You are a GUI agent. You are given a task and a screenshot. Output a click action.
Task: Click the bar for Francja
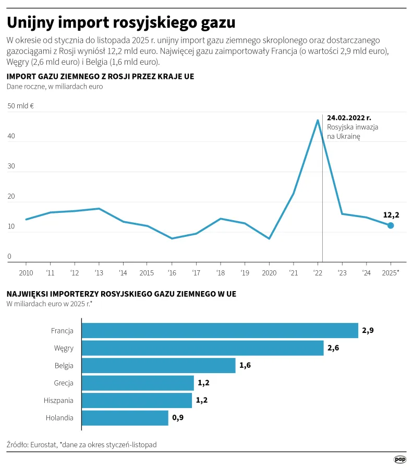click(220, 331)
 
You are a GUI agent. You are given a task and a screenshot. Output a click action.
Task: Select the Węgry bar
click(202, 348)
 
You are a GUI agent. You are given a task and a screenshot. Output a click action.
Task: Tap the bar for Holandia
click(125, 418)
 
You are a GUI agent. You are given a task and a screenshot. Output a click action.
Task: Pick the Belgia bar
click(159, 366)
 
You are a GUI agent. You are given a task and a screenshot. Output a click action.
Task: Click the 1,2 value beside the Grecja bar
click(203, 383)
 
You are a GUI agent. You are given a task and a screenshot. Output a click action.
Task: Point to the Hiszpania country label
click(59, 401)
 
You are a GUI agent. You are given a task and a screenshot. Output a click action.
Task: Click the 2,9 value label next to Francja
click(368, 331)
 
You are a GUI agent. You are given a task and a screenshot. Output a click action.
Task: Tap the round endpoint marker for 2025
click(391, 225)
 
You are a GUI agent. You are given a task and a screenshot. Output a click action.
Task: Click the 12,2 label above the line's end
click(391, 214)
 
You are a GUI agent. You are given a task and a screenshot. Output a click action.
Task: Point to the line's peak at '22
click(318, 121)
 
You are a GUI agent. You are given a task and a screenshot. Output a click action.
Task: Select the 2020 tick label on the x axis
click(269, 273)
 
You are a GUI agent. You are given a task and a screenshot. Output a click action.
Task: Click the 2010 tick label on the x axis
click(26, 273)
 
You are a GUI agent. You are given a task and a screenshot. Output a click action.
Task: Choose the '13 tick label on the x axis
click(99, 273)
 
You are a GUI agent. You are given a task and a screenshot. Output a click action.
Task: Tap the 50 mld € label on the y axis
click(21, 106)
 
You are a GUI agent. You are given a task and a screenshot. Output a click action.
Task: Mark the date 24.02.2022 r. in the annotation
click(349, 118)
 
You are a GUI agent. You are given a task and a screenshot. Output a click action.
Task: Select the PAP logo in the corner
click(400, 459)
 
